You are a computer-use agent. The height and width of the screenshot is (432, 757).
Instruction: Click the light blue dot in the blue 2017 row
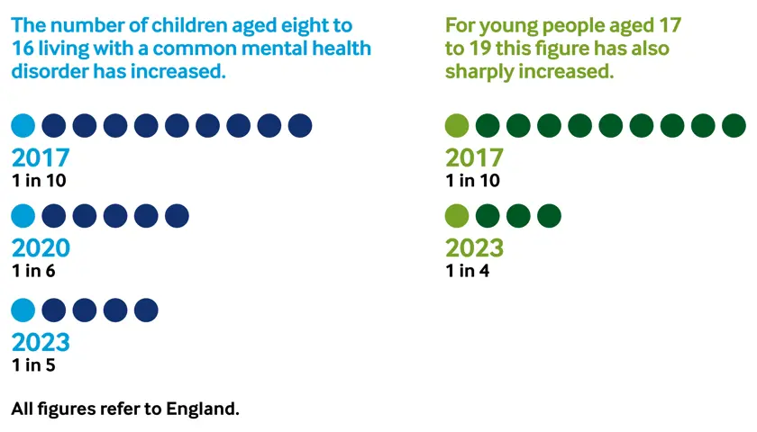tap(23, 126)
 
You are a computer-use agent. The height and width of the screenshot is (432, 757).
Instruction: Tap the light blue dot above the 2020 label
tap(23, 216)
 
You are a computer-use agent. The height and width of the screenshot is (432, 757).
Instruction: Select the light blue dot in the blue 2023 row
tap(23, 310)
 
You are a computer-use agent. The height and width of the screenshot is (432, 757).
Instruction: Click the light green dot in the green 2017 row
tap(457, 126)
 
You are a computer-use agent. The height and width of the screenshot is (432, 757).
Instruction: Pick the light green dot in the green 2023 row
tap(457, 216)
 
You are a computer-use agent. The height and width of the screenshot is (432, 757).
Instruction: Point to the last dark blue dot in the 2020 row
tap(177, 216)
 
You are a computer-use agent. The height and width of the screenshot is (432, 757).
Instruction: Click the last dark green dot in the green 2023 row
tap(549, 216)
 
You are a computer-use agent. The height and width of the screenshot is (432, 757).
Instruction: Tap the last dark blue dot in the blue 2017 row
tap(299, 126)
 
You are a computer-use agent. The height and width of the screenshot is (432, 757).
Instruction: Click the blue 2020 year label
tap(41, 247)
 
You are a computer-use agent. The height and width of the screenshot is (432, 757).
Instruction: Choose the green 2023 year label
tap(474, 247)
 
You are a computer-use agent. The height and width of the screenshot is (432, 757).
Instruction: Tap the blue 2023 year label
tap(41, 342)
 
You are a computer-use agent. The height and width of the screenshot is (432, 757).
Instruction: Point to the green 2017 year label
tap(474, 158)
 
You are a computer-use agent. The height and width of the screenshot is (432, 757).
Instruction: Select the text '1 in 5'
tap(33, 364)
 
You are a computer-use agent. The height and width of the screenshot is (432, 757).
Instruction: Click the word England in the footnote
tap(203, 409)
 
